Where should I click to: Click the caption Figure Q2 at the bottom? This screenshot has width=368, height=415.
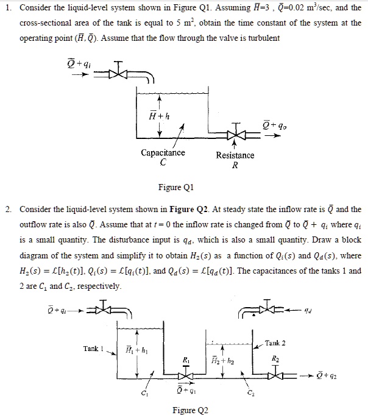tap(191, 410)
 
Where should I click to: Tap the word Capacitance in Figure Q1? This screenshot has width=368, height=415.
tap(163, 153)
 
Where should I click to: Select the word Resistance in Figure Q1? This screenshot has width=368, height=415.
tap(235, 155)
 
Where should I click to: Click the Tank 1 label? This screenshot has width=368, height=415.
tap(95, 348)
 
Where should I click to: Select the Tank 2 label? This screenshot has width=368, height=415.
tap(275, 344)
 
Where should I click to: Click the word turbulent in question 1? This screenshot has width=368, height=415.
tap(261, 38)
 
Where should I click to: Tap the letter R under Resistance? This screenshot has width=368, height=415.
tap(235, 165)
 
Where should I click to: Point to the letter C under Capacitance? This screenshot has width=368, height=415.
tap(163, 163)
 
